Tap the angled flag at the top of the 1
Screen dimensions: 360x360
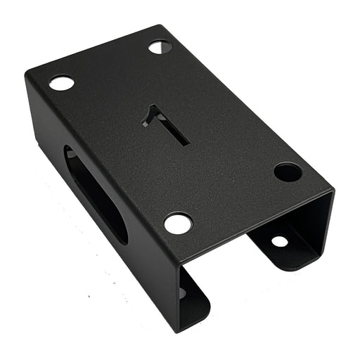pos(149,116)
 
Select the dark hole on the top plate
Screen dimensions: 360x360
pos(287,172)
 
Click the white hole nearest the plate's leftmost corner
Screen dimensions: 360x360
pos(62,83)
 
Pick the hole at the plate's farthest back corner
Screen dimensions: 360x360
pos(160,47)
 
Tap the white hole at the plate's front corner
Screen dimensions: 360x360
pos(178,224)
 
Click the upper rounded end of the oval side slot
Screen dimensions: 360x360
pos(70,155)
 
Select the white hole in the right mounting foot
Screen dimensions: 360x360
pos(279,241)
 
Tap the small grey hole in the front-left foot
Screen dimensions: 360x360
pos(182,291)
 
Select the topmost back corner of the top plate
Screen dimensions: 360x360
pos(163,26)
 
